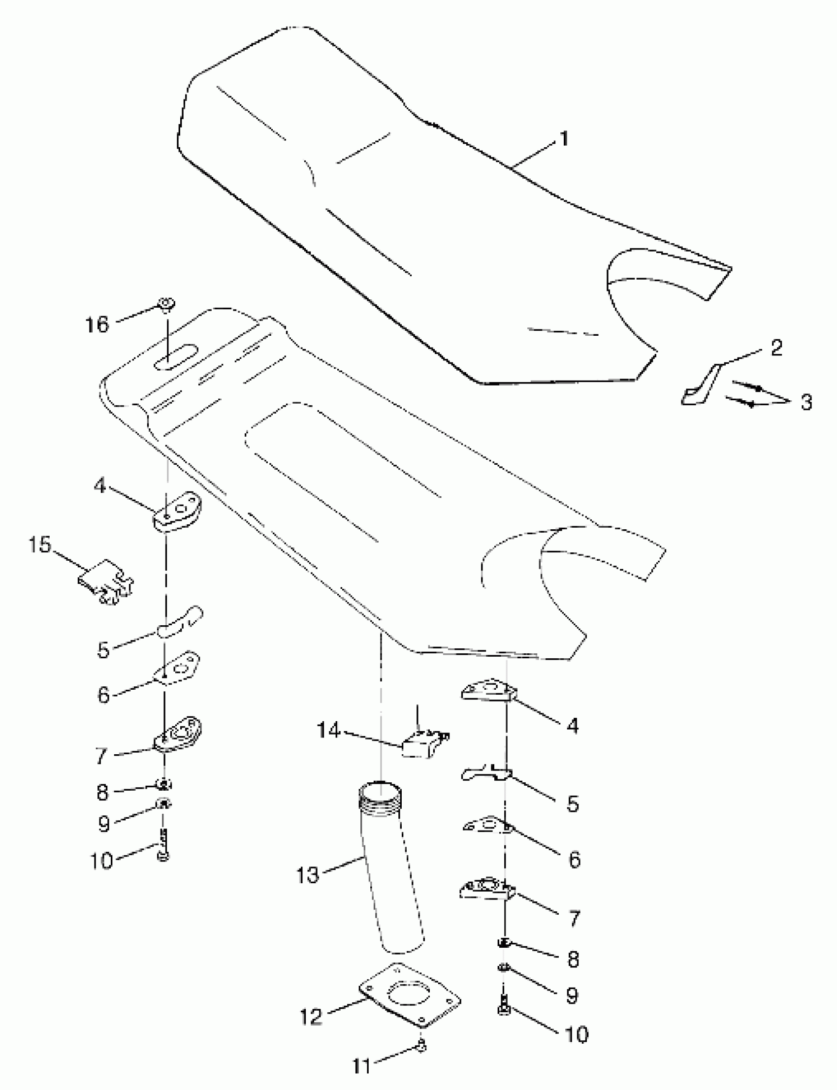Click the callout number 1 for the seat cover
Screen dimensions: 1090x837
(563, 139)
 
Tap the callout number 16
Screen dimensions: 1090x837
(97, 325)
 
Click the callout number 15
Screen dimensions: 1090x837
(40, 545)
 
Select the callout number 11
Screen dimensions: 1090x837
(362, 1065)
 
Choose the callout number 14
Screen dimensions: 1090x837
(329, 731)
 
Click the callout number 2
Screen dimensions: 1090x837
(776, 348)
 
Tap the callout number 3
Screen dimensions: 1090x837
(806, 402)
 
